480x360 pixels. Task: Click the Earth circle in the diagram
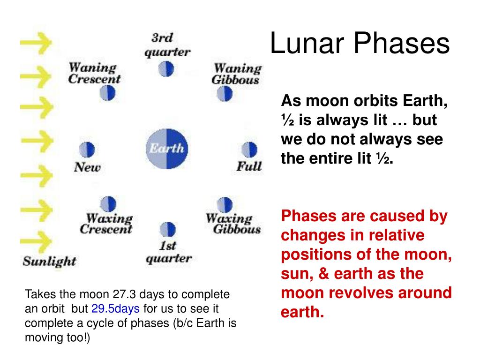pyautogui.click(x=166, y=149)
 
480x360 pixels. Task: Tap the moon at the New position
pyautogui.click(x=87, y=150)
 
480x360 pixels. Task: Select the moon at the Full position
pyautogui.click(x=249, y=150)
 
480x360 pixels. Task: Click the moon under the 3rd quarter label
pyautogui.click(x=166, y=69)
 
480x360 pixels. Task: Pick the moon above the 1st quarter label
pyautogui.click(x=168, y=230)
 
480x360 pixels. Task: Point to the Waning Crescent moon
pyautogui.click(x=107, y=93)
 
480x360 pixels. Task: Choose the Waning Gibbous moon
pyautogui.click(x=225, y=93)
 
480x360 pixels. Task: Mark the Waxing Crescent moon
pyautogui.click(x=108, y=204)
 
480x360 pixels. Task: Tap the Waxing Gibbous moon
pyautogui.click(x=225, y=205)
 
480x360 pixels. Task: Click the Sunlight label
pyautogui.click(x=49, y=262)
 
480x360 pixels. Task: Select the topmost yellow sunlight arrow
pyautogui.click(x=36, y=43)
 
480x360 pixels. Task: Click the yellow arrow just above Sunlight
pyautogui.click(x=36, y=242)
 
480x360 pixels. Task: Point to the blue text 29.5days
pyautogui.click(x=115, y=309)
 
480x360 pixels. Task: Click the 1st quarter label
pyautogui.click(x=169, y=252)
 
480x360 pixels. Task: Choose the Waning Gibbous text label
pyautogui.click(x=237, y=74)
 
